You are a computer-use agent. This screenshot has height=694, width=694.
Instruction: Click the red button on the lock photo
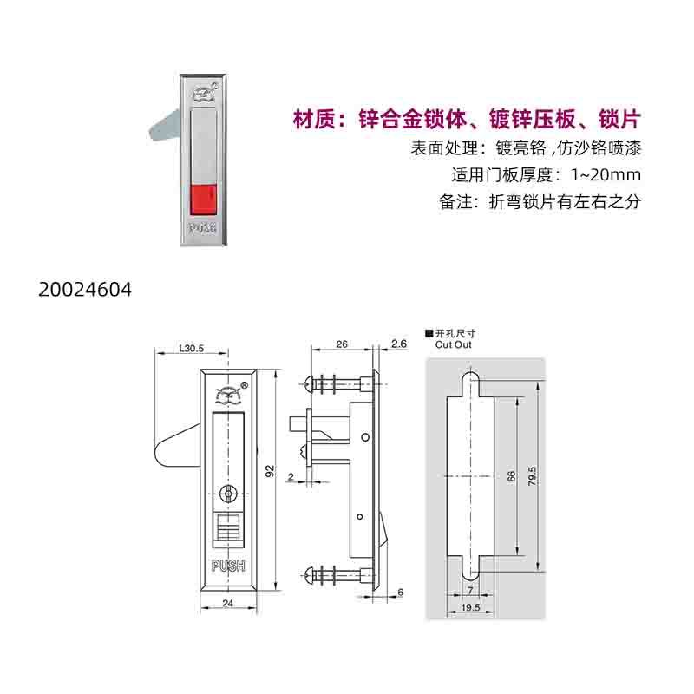[203, 200]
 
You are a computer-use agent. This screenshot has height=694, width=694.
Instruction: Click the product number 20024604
[85, 290]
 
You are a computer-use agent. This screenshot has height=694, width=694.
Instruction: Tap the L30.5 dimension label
[191, 349]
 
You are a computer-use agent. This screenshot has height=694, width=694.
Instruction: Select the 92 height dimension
[270, 471]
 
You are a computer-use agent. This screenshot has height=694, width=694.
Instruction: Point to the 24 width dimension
[227, 603]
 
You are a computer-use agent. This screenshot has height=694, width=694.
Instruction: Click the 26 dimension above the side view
[342, 344]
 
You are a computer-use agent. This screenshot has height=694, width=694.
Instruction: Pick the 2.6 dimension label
[399, 344]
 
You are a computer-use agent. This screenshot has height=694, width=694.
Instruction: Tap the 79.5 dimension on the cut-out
[532, 475]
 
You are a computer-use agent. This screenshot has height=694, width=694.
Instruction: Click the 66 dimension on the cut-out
[511, 476]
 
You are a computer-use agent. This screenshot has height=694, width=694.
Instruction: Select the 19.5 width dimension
[470, 607]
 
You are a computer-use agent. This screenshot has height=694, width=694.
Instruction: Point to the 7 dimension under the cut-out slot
[470, 591]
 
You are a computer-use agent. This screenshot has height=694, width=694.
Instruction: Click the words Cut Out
[453, 344]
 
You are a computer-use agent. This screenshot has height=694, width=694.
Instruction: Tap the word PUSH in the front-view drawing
[228, 566]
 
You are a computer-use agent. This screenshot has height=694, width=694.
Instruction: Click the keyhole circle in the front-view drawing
[228, 493]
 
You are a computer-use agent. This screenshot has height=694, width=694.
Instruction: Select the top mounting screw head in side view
[310, 383]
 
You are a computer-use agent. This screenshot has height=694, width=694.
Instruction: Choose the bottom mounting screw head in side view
[310, 575]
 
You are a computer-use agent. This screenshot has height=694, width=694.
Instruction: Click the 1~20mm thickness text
[606, 175]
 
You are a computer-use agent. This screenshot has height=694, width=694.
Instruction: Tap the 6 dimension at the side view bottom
[400, 593]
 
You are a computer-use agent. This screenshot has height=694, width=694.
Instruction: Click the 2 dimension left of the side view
[291, 476]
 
